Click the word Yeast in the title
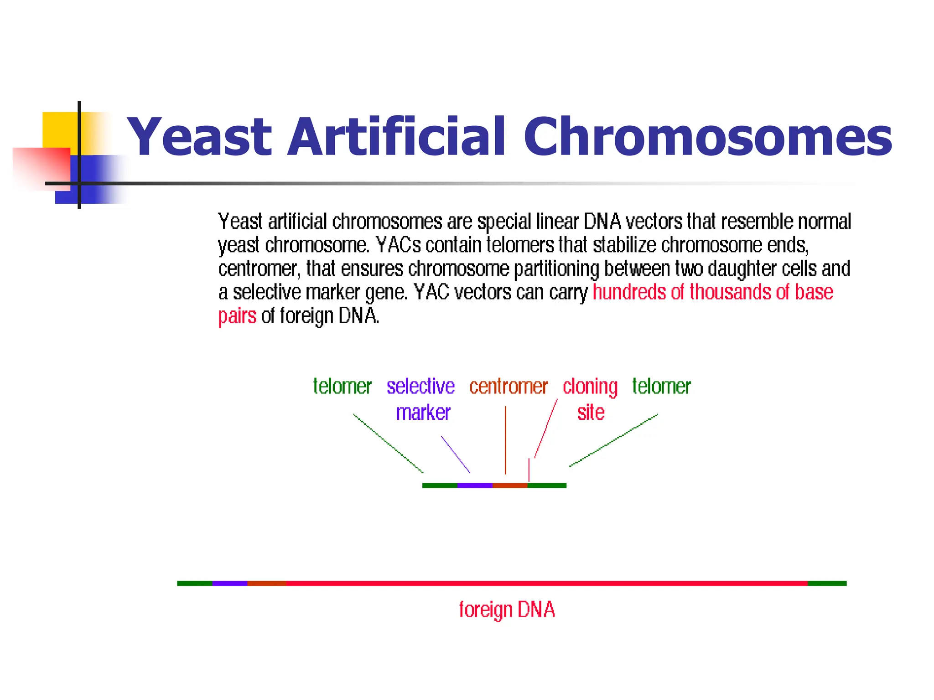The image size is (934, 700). tap(199, 137)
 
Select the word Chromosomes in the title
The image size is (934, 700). tap(707, 137)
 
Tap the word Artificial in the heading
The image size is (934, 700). tap(397, 137)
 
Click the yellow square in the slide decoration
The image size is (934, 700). tap(59, 129)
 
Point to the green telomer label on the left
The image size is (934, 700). tap(342, 386)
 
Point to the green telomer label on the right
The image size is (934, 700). tap(661, 386)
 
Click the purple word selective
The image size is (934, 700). tap(420, 386)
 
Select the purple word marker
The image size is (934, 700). tap(423, 412)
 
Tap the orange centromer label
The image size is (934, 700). tap(508, 386)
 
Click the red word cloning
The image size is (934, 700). tap(590, 386)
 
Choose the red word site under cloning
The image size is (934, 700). tap(591, 412)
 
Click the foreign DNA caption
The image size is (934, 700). tap(506, 610)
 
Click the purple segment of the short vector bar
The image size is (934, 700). tap(474, 486)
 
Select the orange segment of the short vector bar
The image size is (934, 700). tap(510, 486)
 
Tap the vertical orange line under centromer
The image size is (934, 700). tap(505, 440)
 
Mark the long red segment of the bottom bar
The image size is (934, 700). tap(547, 583)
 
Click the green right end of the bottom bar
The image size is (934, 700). tap(827, 583)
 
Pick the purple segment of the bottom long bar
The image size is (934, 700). tap(229, 583)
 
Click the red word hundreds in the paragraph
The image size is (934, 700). tap(629, 292)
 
